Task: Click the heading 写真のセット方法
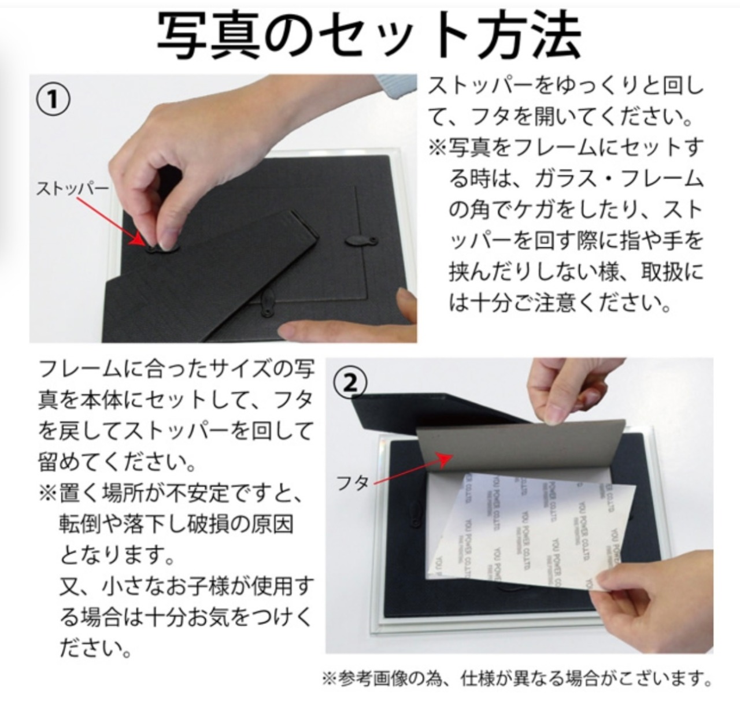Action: tap(369, 35)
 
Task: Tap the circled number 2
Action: tap(350, 384)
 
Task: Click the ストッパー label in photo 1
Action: tap(72, 188)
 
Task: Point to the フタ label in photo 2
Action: tap(353, 483)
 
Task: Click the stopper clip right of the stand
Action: tap(361, 241)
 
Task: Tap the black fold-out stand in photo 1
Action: tap(213, 281)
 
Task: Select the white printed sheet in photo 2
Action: tap(532, 532)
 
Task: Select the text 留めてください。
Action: tap(117, 462)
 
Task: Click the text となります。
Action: tap(117, 556)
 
